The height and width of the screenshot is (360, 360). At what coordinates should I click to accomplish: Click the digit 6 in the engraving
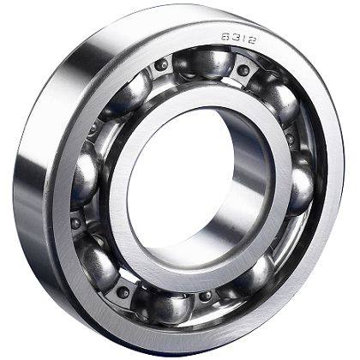[225, 37]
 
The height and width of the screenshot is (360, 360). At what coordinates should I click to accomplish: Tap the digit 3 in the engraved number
[234, 38]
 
